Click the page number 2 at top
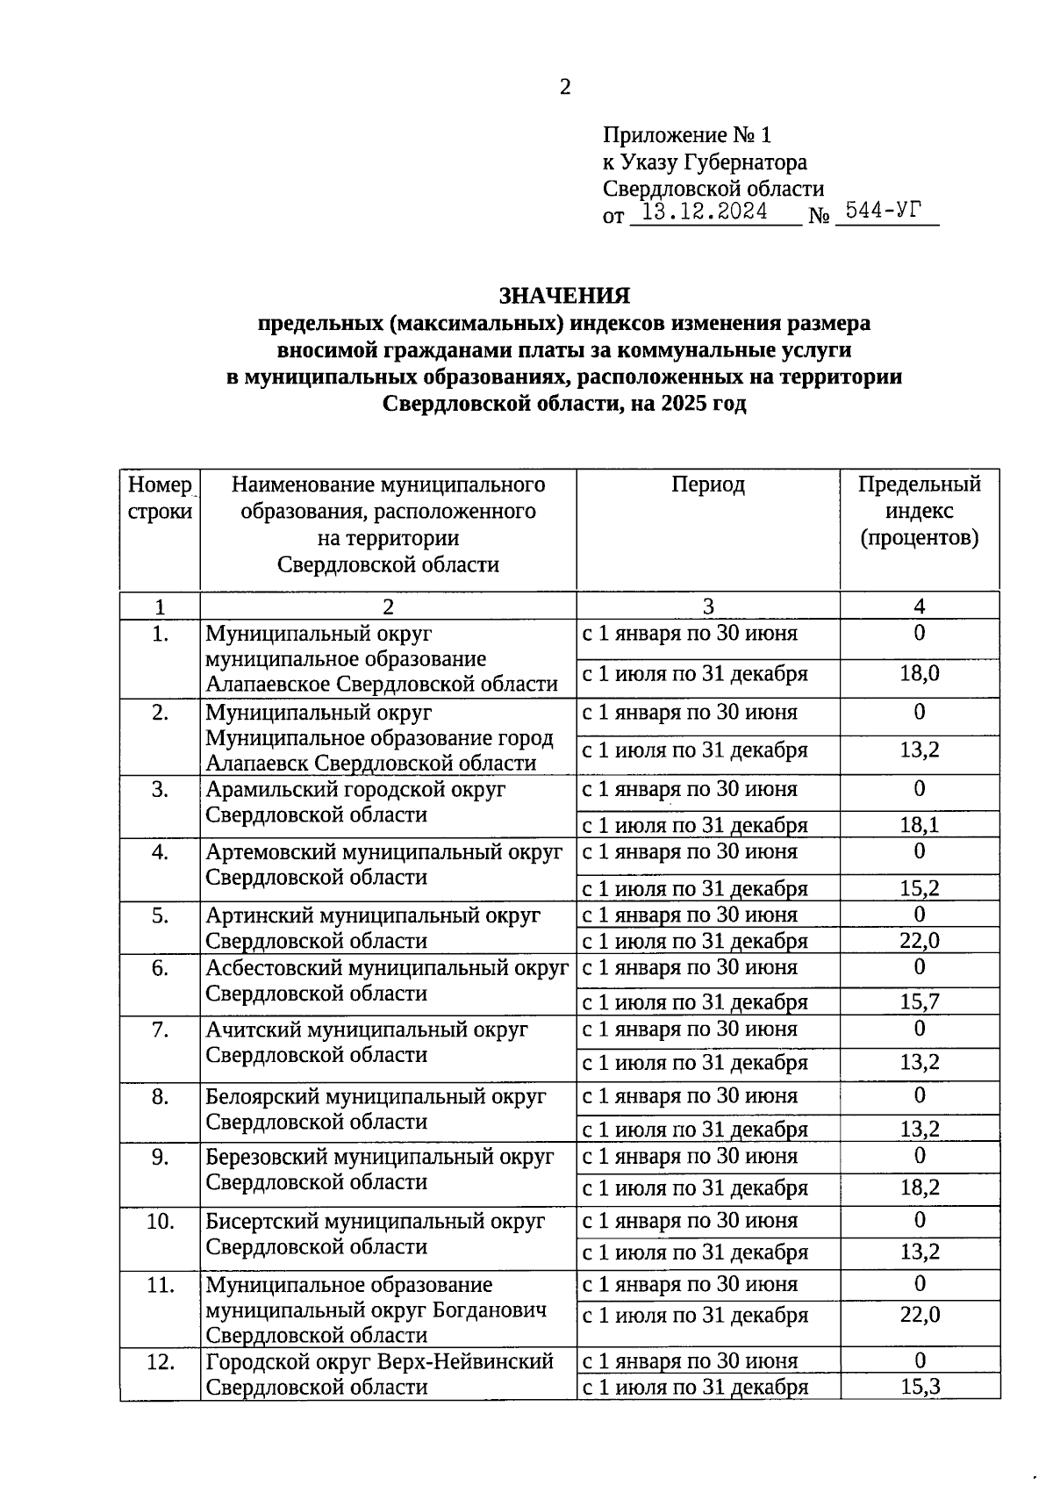coord(565,87)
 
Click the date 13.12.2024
coord(705,212)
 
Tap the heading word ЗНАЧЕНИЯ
coord(564,296)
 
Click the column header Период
coord(708,484)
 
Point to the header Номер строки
coord(160,498)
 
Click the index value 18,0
coord(919,674)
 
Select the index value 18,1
coord(919,825)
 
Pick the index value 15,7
coord(919,1002)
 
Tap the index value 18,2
coord(919,1188)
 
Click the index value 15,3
coord(919,1387)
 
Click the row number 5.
coord(160,915)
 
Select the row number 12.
coord(160,1361)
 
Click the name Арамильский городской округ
coord(355,789)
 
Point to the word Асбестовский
coord(275,968)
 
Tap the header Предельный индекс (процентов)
coord(919,511)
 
